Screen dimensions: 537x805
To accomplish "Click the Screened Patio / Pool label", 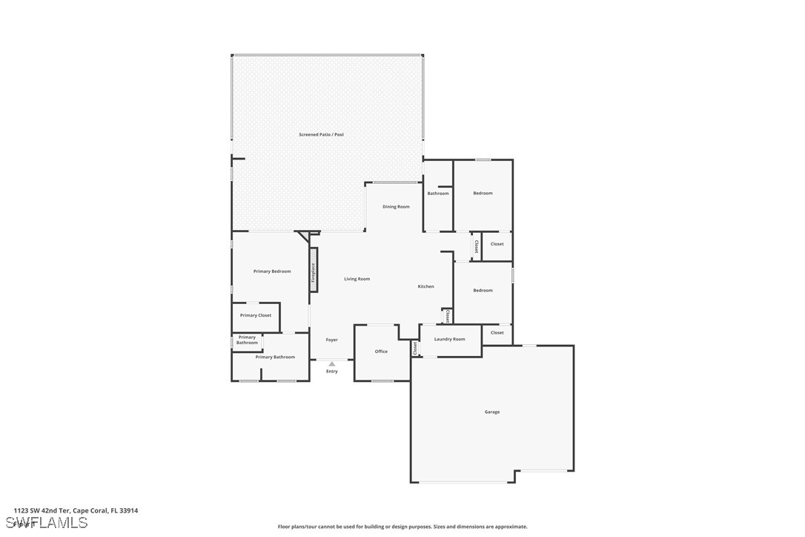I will pyautogui.click(x=321, y=134).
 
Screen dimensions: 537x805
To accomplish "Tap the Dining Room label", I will pyautogui.click(x=396, y=207).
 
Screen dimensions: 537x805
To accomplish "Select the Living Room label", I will pyautogui.click(x=357, y=279).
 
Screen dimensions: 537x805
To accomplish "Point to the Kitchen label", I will pyautogui.click(x=425, y=286).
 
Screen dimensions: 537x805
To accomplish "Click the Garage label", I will pyautogui.click(x=492, y=412).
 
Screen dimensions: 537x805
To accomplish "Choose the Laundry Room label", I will pyautogui.click(x=449, y=339).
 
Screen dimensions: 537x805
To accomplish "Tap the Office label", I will pyautogui.click(x=381, y=352).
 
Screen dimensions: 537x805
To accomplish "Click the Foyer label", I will pyautogui.click(x=331, y=340).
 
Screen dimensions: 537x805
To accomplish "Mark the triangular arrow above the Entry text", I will pyautogui.click(x=331, y=363).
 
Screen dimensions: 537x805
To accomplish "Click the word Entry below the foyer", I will pyautogui.click(x=331, y=371).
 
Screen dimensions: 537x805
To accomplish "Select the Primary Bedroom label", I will pyautogui.click(x=272, y=271).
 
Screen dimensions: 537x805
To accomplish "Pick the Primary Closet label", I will pyautogui.click(x=255, y=315).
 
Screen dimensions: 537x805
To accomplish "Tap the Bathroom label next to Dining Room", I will pyautogui.click(x=437, y=194).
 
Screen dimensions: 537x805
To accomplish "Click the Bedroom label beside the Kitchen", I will pyautogui.click(x=483, y=290).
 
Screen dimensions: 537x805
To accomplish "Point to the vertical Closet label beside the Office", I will pyautogui.click(x=415, y=348).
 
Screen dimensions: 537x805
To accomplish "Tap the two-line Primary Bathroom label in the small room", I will pyautogui.click(x=247, y=340).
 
